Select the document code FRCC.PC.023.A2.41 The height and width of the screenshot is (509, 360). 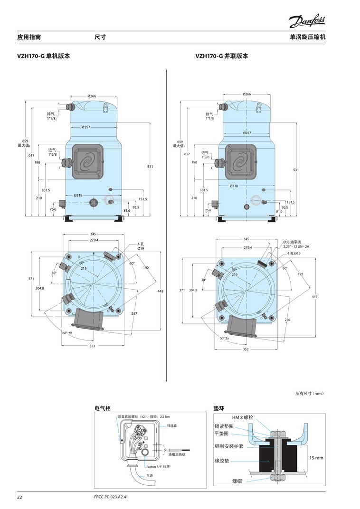(112, 498)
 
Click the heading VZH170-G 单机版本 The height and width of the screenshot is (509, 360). (43, 56)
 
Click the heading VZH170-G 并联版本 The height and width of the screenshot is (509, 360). (222, 56)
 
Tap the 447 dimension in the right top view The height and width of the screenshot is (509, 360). (314, 296)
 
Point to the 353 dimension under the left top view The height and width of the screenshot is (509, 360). (92, 346)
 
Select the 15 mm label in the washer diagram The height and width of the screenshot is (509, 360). (316, 458)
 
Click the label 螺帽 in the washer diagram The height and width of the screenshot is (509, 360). (237, 481)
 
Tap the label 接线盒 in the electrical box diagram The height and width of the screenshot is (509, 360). (172, 426)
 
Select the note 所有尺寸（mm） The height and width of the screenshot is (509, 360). (310, 393)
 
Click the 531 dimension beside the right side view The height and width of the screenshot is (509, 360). (296, 170)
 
